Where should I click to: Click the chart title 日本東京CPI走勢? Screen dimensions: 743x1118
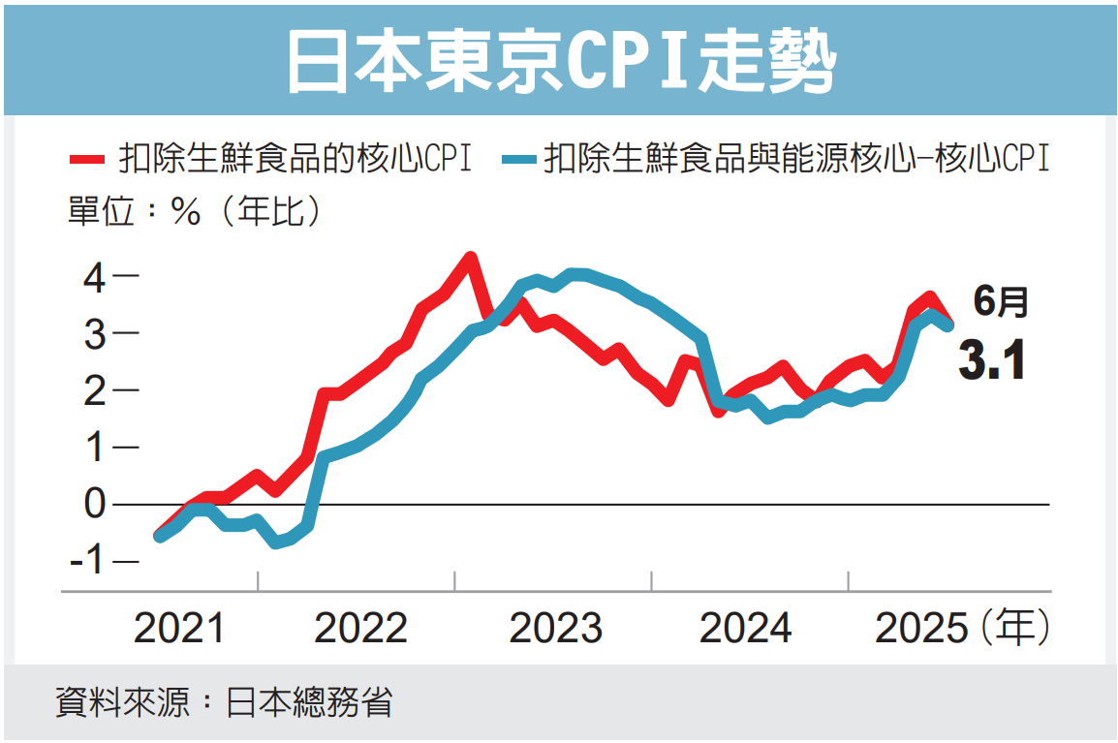click(559, 60)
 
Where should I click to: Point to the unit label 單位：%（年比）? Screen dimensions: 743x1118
click(194, 211)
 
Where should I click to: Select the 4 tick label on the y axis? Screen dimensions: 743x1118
click(93, 278)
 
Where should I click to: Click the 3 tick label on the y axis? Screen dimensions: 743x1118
click(93, 334)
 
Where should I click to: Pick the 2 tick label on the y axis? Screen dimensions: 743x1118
click(93, 390)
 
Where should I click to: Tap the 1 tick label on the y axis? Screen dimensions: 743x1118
click(93, 448)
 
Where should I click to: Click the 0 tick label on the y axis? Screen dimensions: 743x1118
click(93, 504)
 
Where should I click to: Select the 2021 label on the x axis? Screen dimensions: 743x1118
click(179, 629)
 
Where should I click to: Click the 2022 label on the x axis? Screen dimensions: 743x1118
click(360, 629)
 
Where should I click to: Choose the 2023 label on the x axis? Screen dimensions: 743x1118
click(556, 629)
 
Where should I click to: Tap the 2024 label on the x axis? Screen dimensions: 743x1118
click(745, 629)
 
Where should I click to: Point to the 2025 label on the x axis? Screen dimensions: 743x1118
click(921, 629)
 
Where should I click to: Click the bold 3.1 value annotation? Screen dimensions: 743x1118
click(991, 361)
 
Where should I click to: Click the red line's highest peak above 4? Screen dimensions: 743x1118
click(470, 259)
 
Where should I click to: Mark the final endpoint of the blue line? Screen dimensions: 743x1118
click(948, 326)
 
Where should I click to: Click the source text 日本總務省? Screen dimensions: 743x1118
click(309, 702)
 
